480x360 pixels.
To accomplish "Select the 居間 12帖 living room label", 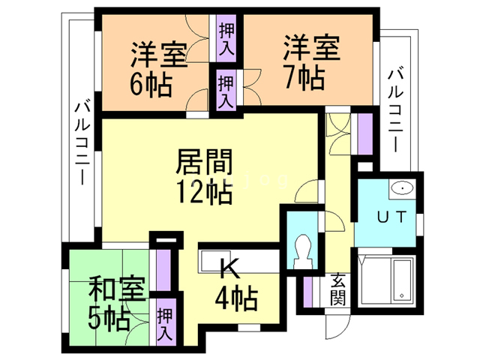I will point(205,177).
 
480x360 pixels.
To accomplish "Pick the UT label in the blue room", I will point(391,217).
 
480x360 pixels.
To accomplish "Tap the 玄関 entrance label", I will point(337,291).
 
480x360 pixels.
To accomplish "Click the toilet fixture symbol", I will point(304,250).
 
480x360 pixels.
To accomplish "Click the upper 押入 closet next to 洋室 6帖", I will point(226,40).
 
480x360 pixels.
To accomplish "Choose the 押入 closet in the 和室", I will point(165,322).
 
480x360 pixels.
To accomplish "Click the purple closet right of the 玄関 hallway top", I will point(364,132).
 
